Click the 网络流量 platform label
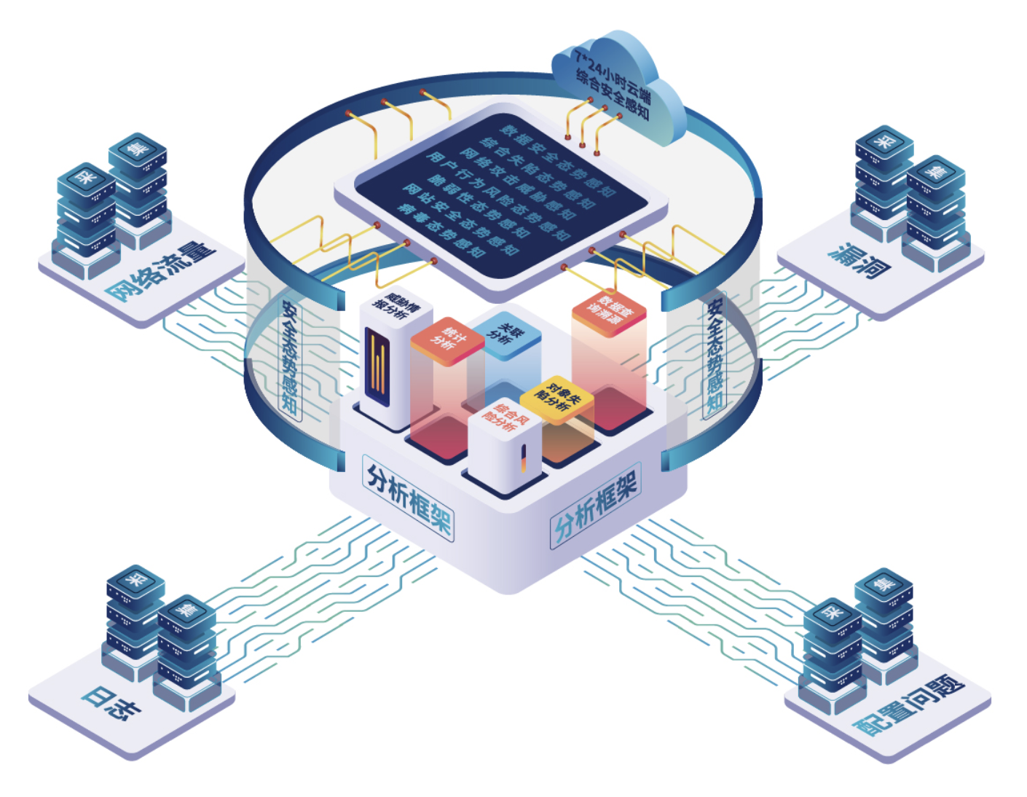coord(161,271)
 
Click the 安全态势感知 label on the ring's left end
coord(290,358)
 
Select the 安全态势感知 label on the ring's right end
coord(715,356)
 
